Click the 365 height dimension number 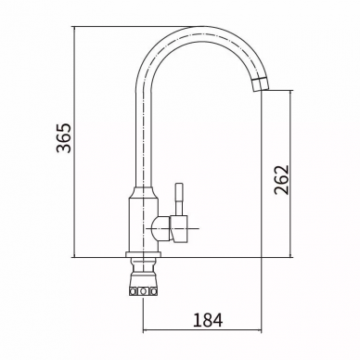pos(64,138)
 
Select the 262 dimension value pos(281,180)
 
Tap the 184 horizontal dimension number pos(208,320)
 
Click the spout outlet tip pos(261,89)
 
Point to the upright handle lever pos(179,199)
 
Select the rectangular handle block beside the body pos(180,229)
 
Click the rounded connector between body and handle pos(161,229)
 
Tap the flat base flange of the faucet pos(143,254)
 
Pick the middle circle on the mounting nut pos(143,291)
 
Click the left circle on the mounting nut pos(134,291)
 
